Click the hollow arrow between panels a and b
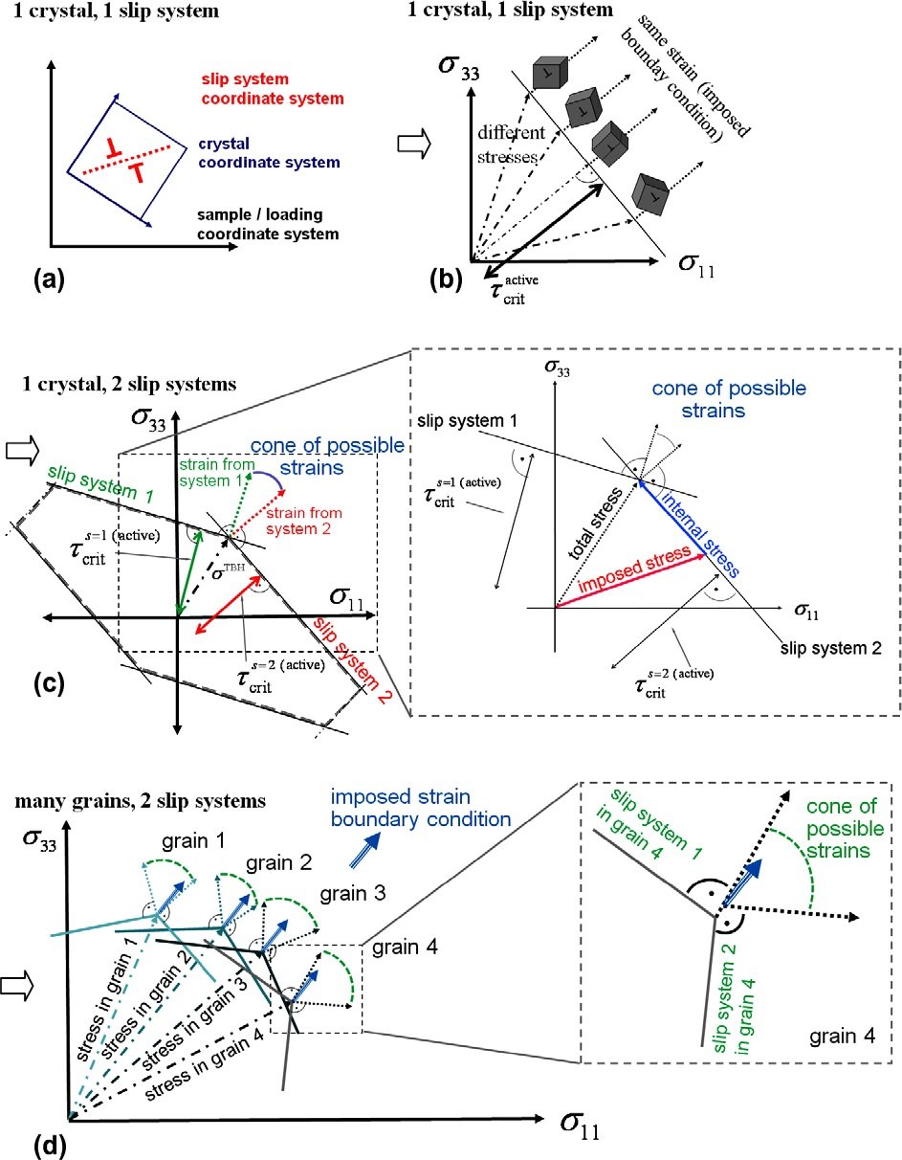click(413, 145)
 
